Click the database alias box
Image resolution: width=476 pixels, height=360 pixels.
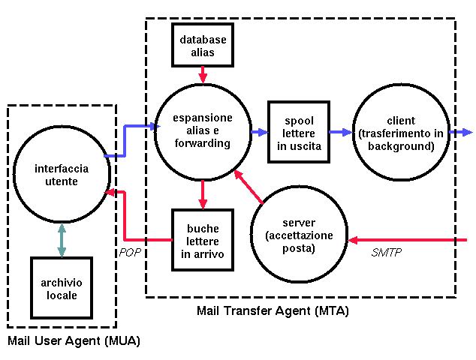click(x=203, y=44)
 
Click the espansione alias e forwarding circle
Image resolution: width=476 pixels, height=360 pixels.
click(x=202, y=130)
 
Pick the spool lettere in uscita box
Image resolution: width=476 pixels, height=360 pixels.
click(x=299, y=133)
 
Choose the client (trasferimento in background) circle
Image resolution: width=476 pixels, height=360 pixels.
click(x=400, y=133)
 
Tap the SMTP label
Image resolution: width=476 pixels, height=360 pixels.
click(x=387, y=253)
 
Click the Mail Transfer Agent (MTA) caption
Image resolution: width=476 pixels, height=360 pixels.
click(x=273, y=310)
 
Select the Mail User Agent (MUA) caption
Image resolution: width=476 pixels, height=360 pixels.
click(x=74, y=341)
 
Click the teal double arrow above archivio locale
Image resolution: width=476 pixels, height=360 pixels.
click(x=60, y=240)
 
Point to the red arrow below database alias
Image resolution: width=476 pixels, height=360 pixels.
click(x=202, y=73)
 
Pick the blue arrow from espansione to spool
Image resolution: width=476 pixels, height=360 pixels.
click(x=259, y=133)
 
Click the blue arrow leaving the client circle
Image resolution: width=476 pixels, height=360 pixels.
click(x=459, y=133)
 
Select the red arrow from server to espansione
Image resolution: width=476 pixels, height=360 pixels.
click(x=249, y=187)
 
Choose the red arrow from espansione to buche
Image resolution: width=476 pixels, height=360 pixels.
click(x=202, y=194)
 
